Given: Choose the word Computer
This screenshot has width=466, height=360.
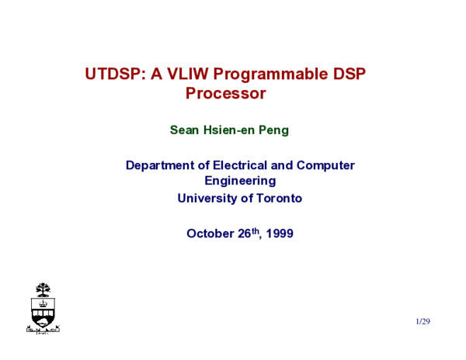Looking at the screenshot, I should (326, 165).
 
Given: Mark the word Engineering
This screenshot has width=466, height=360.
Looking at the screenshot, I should (240, 181).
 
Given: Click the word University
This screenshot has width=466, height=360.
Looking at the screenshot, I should (207, 198).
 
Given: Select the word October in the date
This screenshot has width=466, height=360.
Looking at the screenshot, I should (210, 233).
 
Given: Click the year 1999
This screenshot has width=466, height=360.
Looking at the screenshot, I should (279, 233).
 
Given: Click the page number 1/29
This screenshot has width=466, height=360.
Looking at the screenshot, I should (423, 320).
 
